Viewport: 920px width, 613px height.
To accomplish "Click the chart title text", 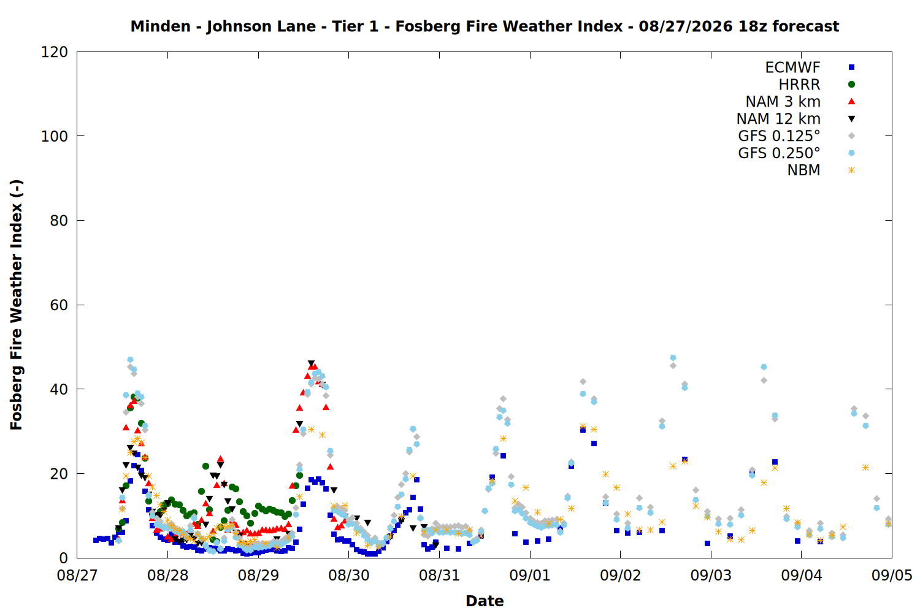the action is (485, 26).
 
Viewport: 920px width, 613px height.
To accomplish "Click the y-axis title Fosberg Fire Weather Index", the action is (16, 305).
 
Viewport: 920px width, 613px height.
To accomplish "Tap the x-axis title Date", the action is (485, 601).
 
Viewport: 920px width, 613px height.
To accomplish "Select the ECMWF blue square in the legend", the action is (851, 67).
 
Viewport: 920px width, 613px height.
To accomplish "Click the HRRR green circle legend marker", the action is (851, 84).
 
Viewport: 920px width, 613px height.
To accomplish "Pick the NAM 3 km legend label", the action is (783, 101).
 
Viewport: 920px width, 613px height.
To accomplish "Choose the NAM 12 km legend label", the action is (778, 119).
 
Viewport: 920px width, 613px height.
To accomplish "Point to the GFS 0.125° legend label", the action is (779, 135).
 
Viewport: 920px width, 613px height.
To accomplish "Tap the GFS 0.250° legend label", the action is (779, 153).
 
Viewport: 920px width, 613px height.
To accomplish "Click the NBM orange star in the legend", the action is (851, 170).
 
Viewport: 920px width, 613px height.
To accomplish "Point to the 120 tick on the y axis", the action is (54, 52).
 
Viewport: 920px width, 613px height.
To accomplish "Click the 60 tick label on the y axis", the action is (59, 305).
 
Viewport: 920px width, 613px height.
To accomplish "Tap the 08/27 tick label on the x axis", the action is (77, 575).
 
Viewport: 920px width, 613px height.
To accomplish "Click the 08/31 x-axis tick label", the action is (439, 575).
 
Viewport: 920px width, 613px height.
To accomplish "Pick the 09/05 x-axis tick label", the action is (892, 575).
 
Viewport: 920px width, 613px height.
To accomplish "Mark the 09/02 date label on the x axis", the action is (620, 575).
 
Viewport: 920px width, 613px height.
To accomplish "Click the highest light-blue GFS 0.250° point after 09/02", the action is (673, 358).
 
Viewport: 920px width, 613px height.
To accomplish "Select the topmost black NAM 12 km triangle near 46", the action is (311, 364).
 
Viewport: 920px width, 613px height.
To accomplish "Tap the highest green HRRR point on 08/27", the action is (134, 397).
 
